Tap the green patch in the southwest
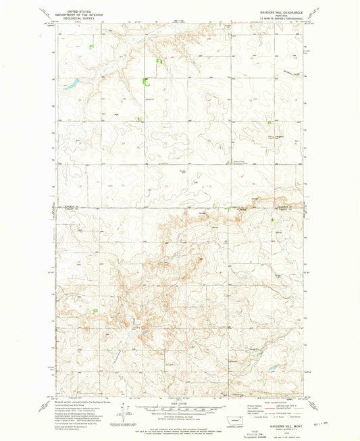(x=95, y=310)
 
